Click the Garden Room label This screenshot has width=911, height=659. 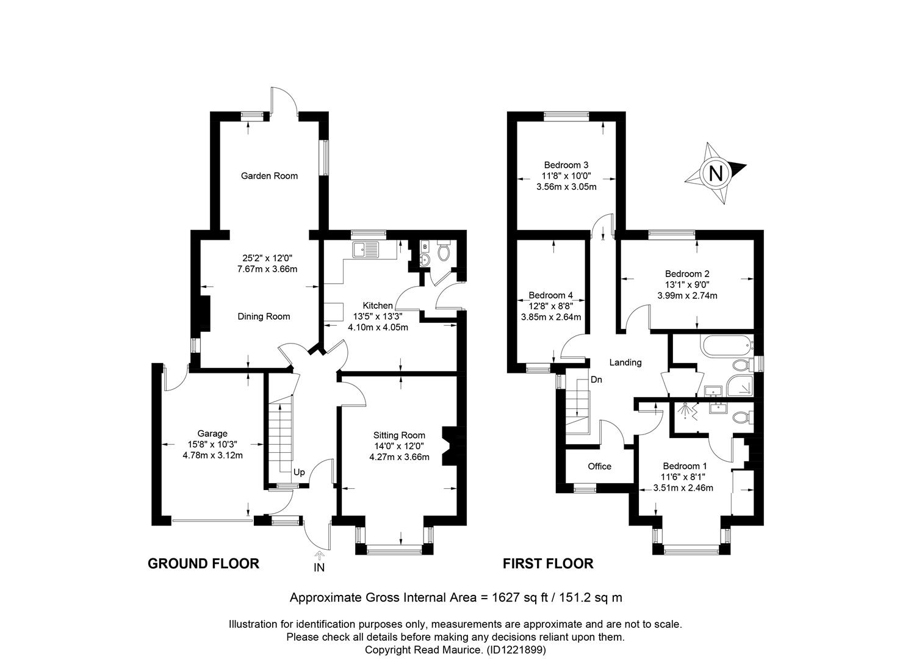(x=269, y=176)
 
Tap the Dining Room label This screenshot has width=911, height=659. (x=264, y=317)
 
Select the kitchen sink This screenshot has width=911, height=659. (x=365, y=250)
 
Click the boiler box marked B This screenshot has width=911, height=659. (x=425, y=247)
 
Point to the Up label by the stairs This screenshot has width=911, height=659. (x=299, y=472)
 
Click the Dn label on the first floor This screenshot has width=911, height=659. (x=596, y=380)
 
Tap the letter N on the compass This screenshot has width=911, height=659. (x=716, y=173)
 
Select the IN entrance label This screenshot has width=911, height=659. (x=319, y=567)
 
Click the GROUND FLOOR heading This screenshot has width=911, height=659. (x=203, y=563)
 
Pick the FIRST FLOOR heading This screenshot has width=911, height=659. (x=548, y=563)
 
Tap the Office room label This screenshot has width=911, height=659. (x=599, y=466)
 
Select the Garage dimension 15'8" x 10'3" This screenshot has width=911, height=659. (x=212, y=444)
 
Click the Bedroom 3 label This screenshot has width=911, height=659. (x=566, y=165)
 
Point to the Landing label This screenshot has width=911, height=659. (x=625, y=362)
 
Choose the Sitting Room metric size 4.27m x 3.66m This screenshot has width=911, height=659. (x=400, y=457)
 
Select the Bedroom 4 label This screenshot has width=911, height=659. (x=550, y=295)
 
